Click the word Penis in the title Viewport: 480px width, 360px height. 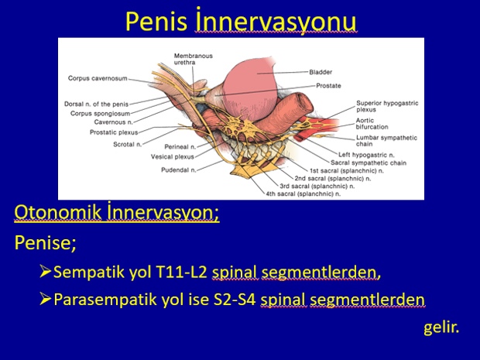156,22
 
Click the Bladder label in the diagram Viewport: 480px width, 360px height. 321,72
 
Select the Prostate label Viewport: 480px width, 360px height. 328,86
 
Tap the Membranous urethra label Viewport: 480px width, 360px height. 194,59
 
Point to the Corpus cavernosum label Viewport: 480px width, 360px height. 98,78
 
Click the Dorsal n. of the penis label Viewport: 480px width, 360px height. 96,104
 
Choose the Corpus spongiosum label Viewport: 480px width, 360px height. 100,114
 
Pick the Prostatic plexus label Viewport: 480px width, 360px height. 114,132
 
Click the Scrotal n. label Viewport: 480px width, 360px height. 127,144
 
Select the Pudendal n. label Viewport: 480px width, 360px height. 179,170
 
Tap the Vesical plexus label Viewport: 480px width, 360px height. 173,156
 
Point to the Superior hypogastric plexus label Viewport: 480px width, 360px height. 387,106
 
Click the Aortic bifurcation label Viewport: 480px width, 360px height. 372,124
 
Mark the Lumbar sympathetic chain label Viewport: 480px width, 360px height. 386,141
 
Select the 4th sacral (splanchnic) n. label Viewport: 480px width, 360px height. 303,194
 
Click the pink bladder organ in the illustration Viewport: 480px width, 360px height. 249,89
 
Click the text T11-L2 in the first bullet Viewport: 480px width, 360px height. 181,272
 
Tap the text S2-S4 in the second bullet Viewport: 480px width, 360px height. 235,300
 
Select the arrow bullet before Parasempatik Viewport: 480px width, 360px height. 46,299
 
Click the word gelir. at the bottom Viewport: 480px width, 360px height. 441,327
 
